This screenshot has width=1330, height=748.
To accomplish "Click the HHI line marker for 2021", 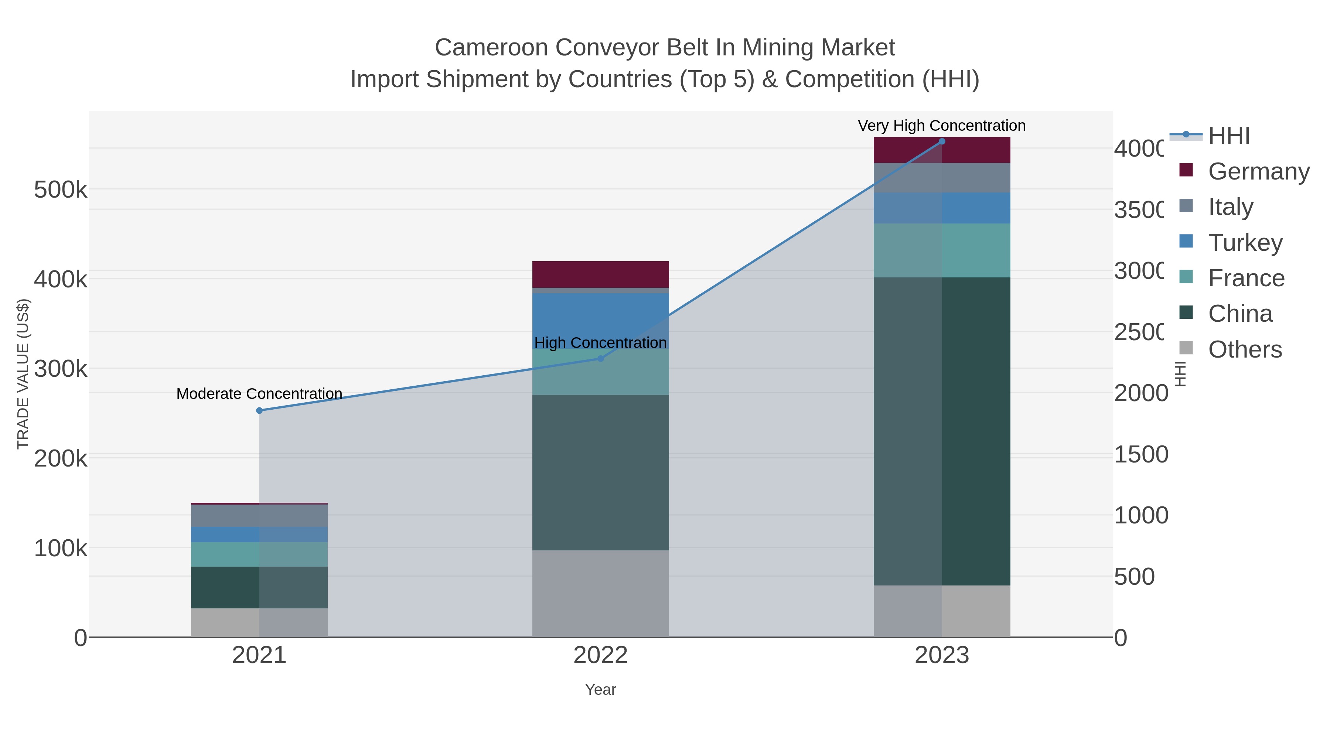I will (x=259, y=410).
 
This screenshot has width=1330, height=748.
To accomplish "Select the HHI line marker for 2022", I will (x=600, y=358).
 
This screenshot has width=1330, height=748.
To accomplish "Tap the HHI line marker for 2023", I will (x=942, y=141).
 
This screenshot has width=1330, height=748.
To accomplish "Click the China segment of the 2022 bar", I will (x=600, y=472).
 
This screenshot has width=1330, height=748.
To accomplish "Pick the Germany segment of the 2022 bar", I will (x=600, y=274).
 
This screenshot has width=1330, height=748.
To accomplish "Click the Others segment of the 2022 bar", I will (x=600, y=593).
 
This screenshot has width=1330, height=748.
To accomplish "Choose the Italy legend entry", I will (x=1230, y=206).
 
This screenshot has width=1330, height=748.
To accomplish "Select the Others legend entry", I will (x=1245, y=349).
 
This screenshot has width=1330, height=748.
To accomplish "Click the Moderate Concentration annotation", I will (x=259, y=394).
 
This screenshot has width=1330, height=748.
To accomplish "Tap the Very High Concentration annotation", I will (x=942, y=126).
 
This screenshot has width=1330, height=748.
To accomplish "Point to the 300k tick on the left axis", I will (x=61, y=369).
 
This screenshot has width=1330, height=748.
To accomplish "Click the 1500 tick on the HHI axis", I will (x=1141, y=454).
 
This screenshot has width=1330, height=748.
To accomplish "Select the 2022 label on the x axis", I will (x=600, y=655).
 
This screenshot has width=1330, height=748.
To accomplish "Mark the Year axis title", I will (x=600, y=689).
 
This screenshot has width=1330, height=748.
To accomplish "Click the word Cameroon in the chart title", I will (x=491, y=48).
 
